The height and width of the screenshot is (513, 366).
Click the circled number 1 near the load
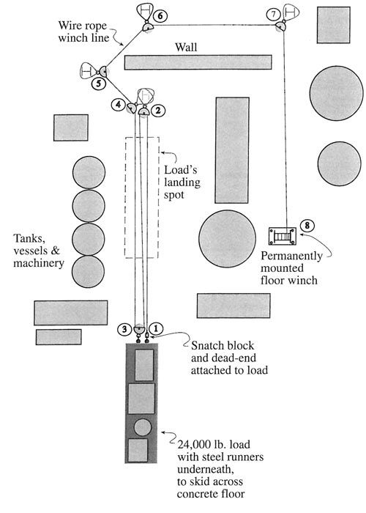click(x=155, y=328)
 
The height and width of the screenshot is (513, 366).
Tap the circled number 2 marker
click(x=157, y=111)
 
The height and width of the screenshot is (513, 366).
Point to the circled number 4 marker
click(x=118, y=106)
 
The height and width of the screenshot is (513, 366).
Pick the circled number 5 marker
click(x=98, y=84)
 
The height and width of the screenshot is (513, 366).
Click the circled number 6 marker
click(x=161, y=15)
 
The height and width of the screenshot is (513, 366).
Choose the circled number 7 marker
click(x=274, y=14)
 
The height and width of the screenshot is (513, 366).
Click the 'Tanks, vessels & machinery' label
click(x=37, y=251)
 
